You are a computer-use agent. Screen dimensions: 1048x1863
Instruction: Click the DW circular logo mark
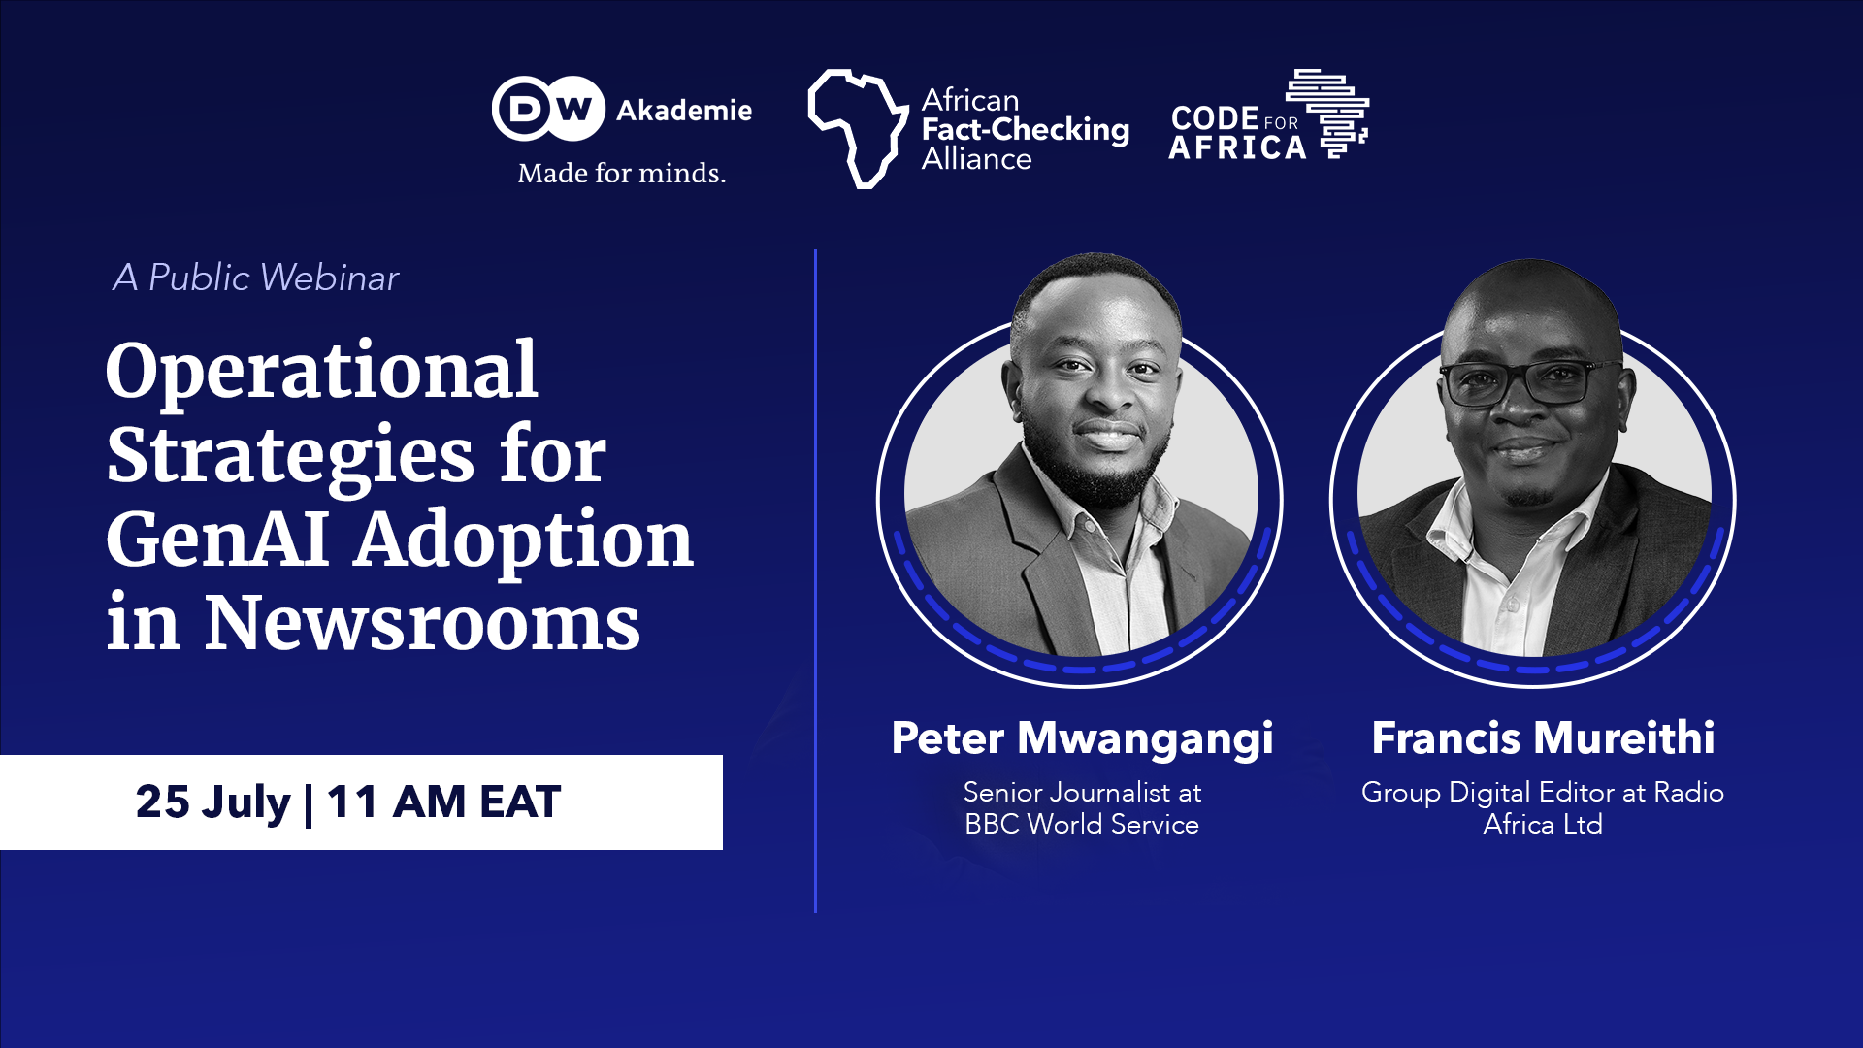pos(548,109)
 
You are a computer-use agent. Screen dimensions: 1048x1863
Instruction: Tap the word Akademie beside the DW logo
pos(684,111)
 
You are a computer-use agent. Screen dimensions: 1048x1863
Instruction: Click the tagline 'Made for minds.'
pos(621,174)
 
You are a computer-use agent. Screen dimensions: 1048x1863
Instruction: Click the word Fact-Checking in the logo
pos(1025,129)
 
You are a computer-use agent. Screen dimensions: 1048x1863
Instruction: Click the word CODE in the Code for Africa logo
pos(1214,118)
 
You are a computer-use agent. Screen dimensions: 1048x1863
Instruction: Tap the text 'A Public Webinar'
pos(255,278)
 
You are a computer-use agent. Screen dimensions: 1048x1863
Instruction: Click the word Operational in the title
pos(321,371)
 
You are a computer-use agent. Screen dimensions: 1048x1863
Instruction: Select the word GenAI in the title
pos(217,540)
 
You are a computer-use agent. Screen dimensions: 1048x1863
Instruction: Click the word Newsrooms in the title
pos(422,623)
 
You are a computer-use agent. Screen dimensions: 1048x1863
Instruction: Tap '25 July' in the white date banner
pos(212,802)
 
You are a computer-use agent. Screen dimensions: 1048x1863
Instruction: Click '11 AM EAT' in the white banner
pos(443,802)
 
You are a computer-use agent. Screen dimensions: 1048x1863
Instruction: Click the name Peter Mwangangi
pos(1082,738)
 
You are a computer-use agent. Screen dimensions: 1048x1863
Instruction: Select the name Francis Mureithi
pos(1543,738)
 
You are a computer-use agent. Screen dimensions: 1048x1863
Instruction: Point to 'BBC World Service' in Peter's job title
pos(1082,825)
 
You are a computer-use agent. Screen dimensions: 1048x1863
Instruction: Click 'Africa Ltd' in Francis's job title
pos(1543,825)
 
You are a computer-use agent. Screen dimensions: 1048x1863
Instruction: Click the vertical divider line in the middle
pos(815,582)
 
